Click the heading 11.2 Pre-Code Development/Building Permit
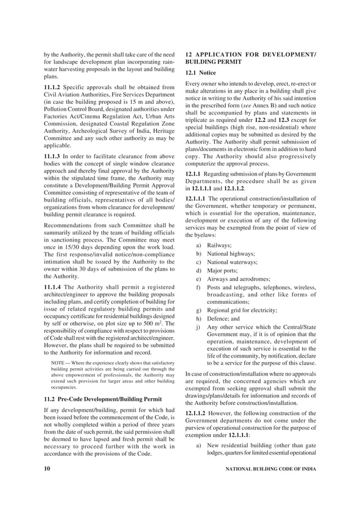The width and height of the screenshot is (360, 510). pos(103,399)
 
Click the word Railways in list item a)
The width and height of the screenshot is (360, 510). pos(219,245)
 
